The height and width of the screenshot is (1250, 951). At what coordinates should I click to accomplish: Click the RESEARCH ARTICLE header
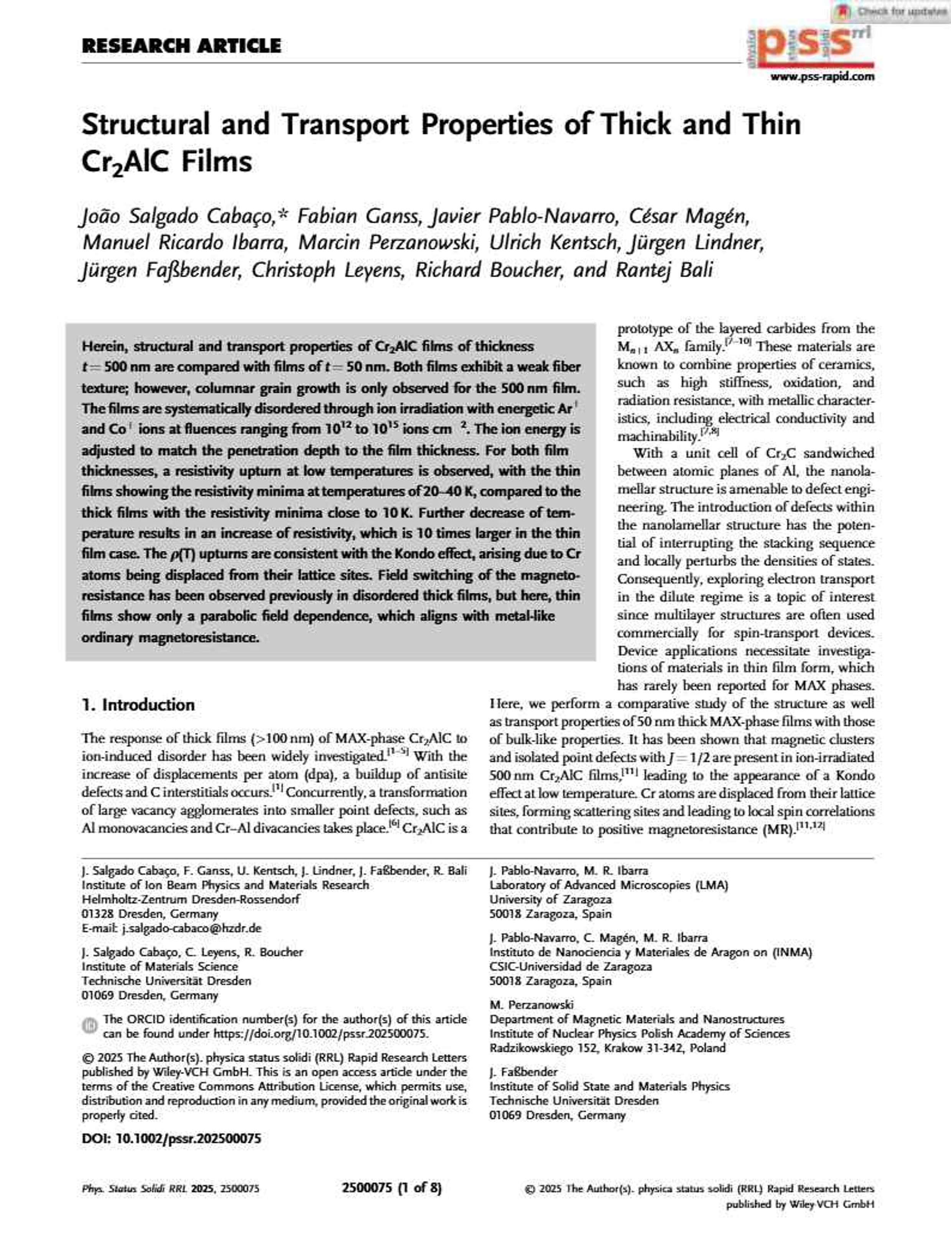181,46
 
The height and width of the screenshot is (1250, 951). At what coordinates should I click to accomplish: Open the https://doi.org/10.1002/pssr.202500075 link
321,1033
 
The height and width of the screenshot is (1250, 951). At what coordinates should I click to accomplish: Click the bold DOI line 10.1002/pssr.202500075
171,1138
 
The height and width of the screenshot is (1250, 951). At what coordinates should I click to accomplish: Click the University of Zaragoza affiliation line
550,899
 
